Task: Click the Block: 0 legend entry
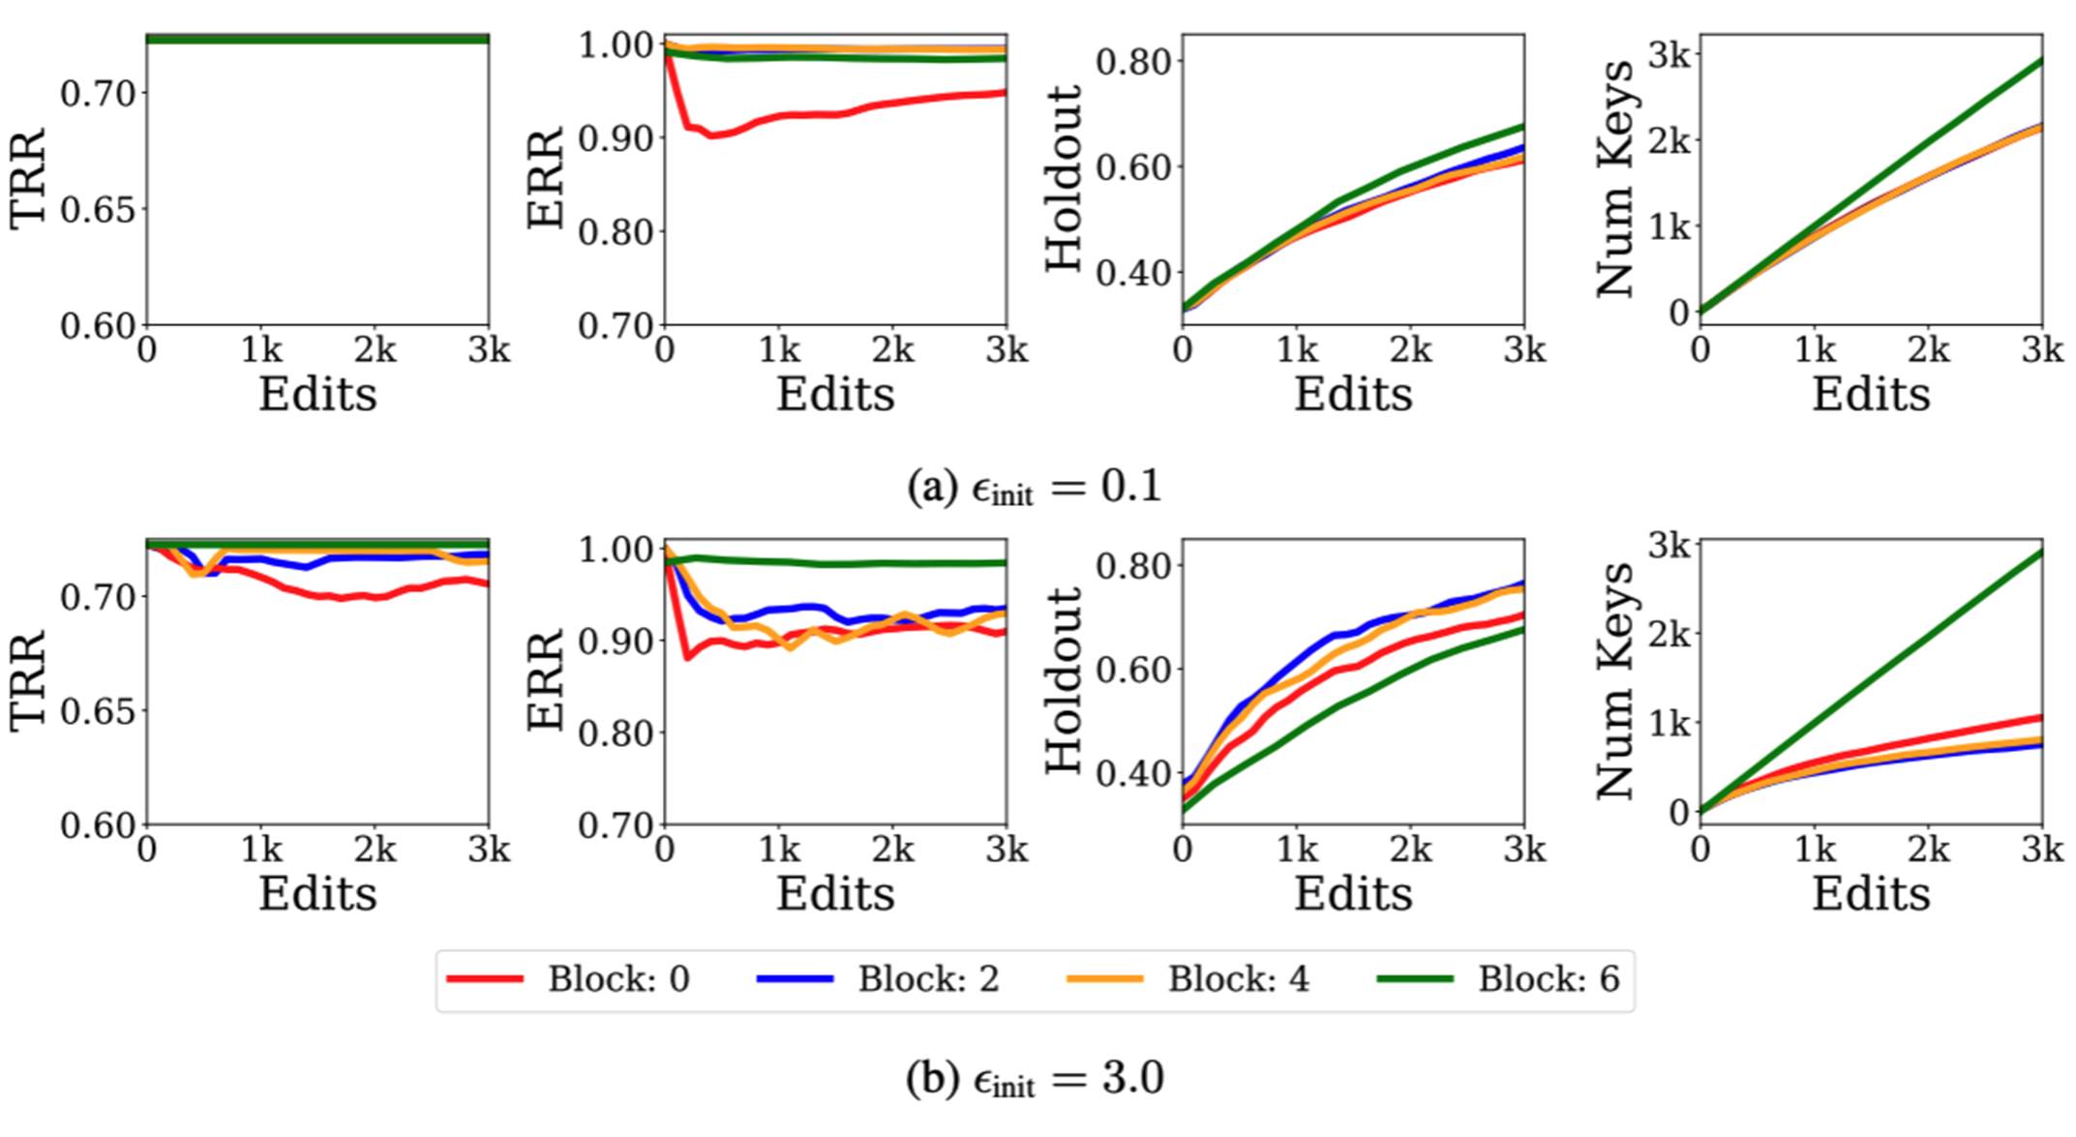569,979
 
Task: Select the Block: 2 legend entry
879,979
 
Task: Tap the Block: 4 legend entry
1188,979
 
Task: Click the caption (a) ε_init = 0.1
1034,487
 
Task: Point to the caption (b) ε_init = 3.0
1034,1079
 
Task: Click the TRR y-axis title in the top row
28,180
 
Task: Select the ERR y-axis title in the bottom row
546,680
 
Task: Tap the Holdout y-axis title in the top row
1064,180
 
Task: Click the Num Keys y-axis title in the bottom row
1613,680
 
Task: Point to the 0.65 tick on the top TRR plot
97,210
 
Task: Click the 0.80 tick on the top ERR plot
615,232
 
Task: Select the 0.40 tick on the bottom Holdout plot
1132,773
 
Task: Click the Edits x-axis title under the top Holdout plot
1353,395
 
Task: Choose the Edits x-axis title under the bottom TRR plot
317,893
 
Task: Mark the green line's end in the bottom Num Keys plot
2041,553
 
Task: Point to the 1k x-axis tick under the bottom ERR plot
779,850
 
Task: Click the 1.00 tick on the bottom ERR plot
615,550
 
